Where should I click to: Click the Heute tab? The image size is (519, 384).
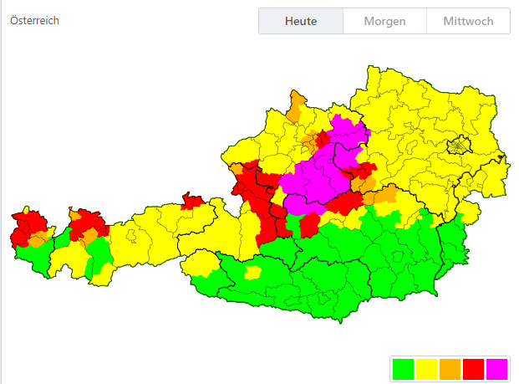[300, 21]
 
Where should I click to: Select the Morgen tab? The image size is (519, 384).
[384, 21]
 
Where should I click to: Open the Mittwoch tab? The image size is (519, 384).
[468, 21]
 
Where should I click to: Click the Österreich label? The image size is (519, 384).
[34, 21]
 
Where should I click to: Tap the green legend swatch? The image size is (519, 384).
[403, 368]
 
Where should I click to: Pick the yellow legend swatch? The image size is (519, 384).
[426, 368]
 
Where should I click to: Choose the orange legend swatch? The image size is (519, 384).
[450, 368]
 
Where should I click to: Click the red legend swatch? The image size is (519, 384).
[473, 368]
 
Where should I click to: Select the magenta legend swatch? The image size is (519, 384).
[496, 368]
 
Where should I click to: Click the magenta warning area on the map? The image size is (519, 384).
[322, 172]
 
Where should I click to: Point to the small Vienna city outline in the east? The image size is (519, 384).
[457, 147]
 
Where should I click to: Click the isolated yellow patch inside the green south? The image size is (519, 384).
[252, 273]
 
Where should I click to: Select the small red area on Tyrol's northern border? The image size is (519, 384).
[193, 201]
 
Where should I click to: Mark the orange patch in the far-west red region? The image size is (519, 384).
[38, 241]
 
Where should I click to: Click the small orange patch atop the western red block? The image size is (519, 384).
[237, 168]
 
